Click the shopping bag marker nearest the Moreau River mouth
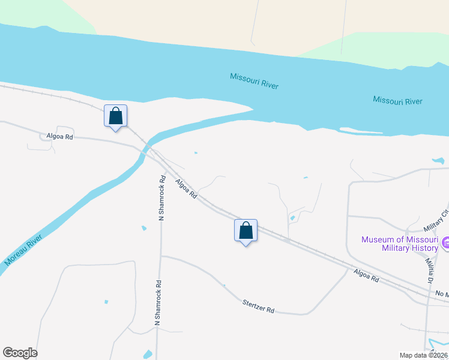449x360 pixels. coord(116,116)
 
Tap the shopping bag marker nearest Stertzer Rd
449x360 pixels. coord(246,230)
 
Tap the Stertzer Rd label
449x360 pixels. coord(259,306)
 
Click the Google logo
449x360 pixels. coord(20,353)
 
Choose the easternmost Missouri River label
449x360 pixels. coord(397,100)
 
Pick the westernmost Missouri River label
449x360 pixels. coord(254,80)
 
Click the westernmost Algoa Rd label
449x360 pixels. coord(59,137)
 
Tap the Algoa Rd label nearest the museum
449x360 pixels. coord(366,275)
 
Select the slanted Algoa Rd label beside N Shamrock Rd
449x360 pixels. coord(186,188)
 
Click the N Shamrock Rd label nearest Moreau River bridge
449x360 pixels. coord(161,198)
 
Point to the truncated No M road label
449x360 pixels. coord(442,293)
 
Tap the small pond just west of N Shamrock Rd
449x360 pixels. coord(143,228)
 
